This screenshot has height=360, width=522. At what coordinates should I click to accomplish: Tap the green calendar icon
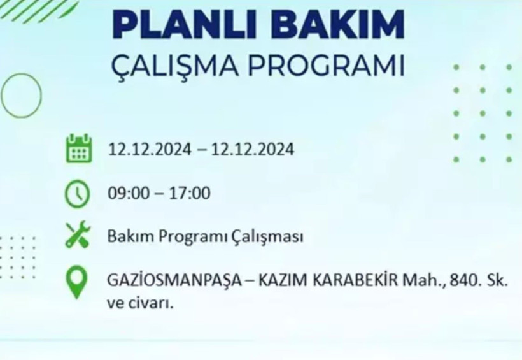78,148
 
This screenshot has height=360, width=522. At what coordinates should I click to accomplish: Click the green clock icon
78,192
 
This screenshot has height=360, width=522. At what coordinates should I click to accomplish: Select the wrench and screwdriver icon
78,235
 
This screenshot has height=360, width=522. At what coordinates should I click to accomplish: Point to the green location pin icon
78,282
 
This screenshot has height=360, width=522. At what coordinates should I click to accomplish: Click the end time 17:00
190,193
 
